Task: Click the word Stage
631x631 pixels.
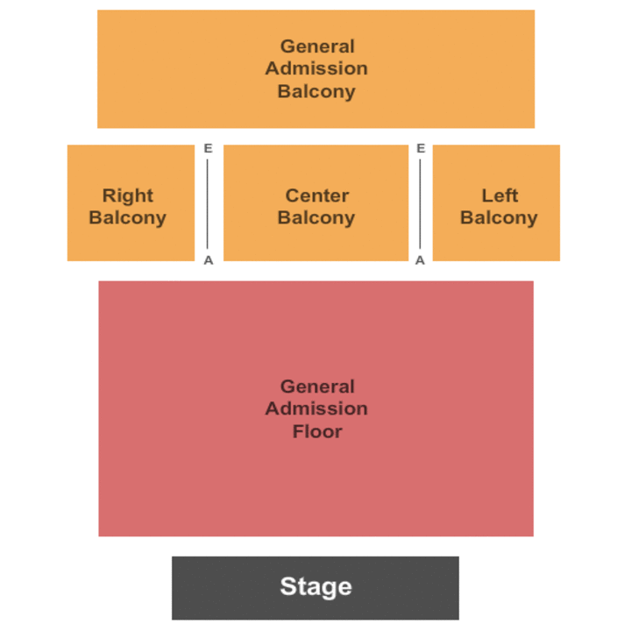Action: click(x=315, y=586)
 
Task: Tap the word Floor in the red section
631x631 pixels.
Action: click(x=316, y=431)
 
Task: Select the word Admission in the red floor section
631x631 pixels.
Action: click(x=316, y=408)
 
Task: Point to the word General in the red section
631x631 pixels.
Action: click(x=317, y=386)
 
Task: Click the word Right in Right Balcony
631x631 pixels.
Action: click(x=127, y=195)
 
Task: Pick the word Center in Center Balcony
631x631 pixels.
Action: click(x=316, y=195)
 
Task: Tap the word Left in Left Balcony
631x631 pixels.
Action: click(x=500, y=195)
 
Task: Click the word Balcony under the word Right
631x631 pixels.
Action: click(x=127, y=218)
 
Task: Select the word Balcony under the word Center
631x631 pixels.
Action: click(x=316, y=218)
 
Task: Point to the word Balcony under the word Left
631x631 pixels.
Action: click(x=499, y=218)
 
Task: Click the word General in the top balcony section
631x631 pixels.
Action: click(x=317, y=46)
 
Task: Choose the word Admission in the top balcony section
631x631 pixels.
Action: click(x=316, y=68)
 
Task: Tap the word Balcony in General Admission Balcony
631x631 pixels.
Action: click(x=316, y=91)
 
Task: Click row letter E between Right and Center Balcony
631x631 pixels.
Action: click(x=208, y=148)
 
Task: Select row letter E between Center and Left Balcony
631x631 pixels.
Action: click(x=421, y=148)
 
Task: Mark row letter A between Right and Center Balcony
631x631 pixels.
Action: click(x=209, y=260)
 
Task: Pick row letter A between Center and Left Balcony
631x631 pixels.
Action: click(x=421, y=260)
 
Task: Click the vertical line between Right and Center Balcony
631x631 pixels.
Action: click(x=208, y=203)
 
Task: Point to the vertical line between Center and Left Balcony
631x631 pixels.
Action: click(x=421, y=203)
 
